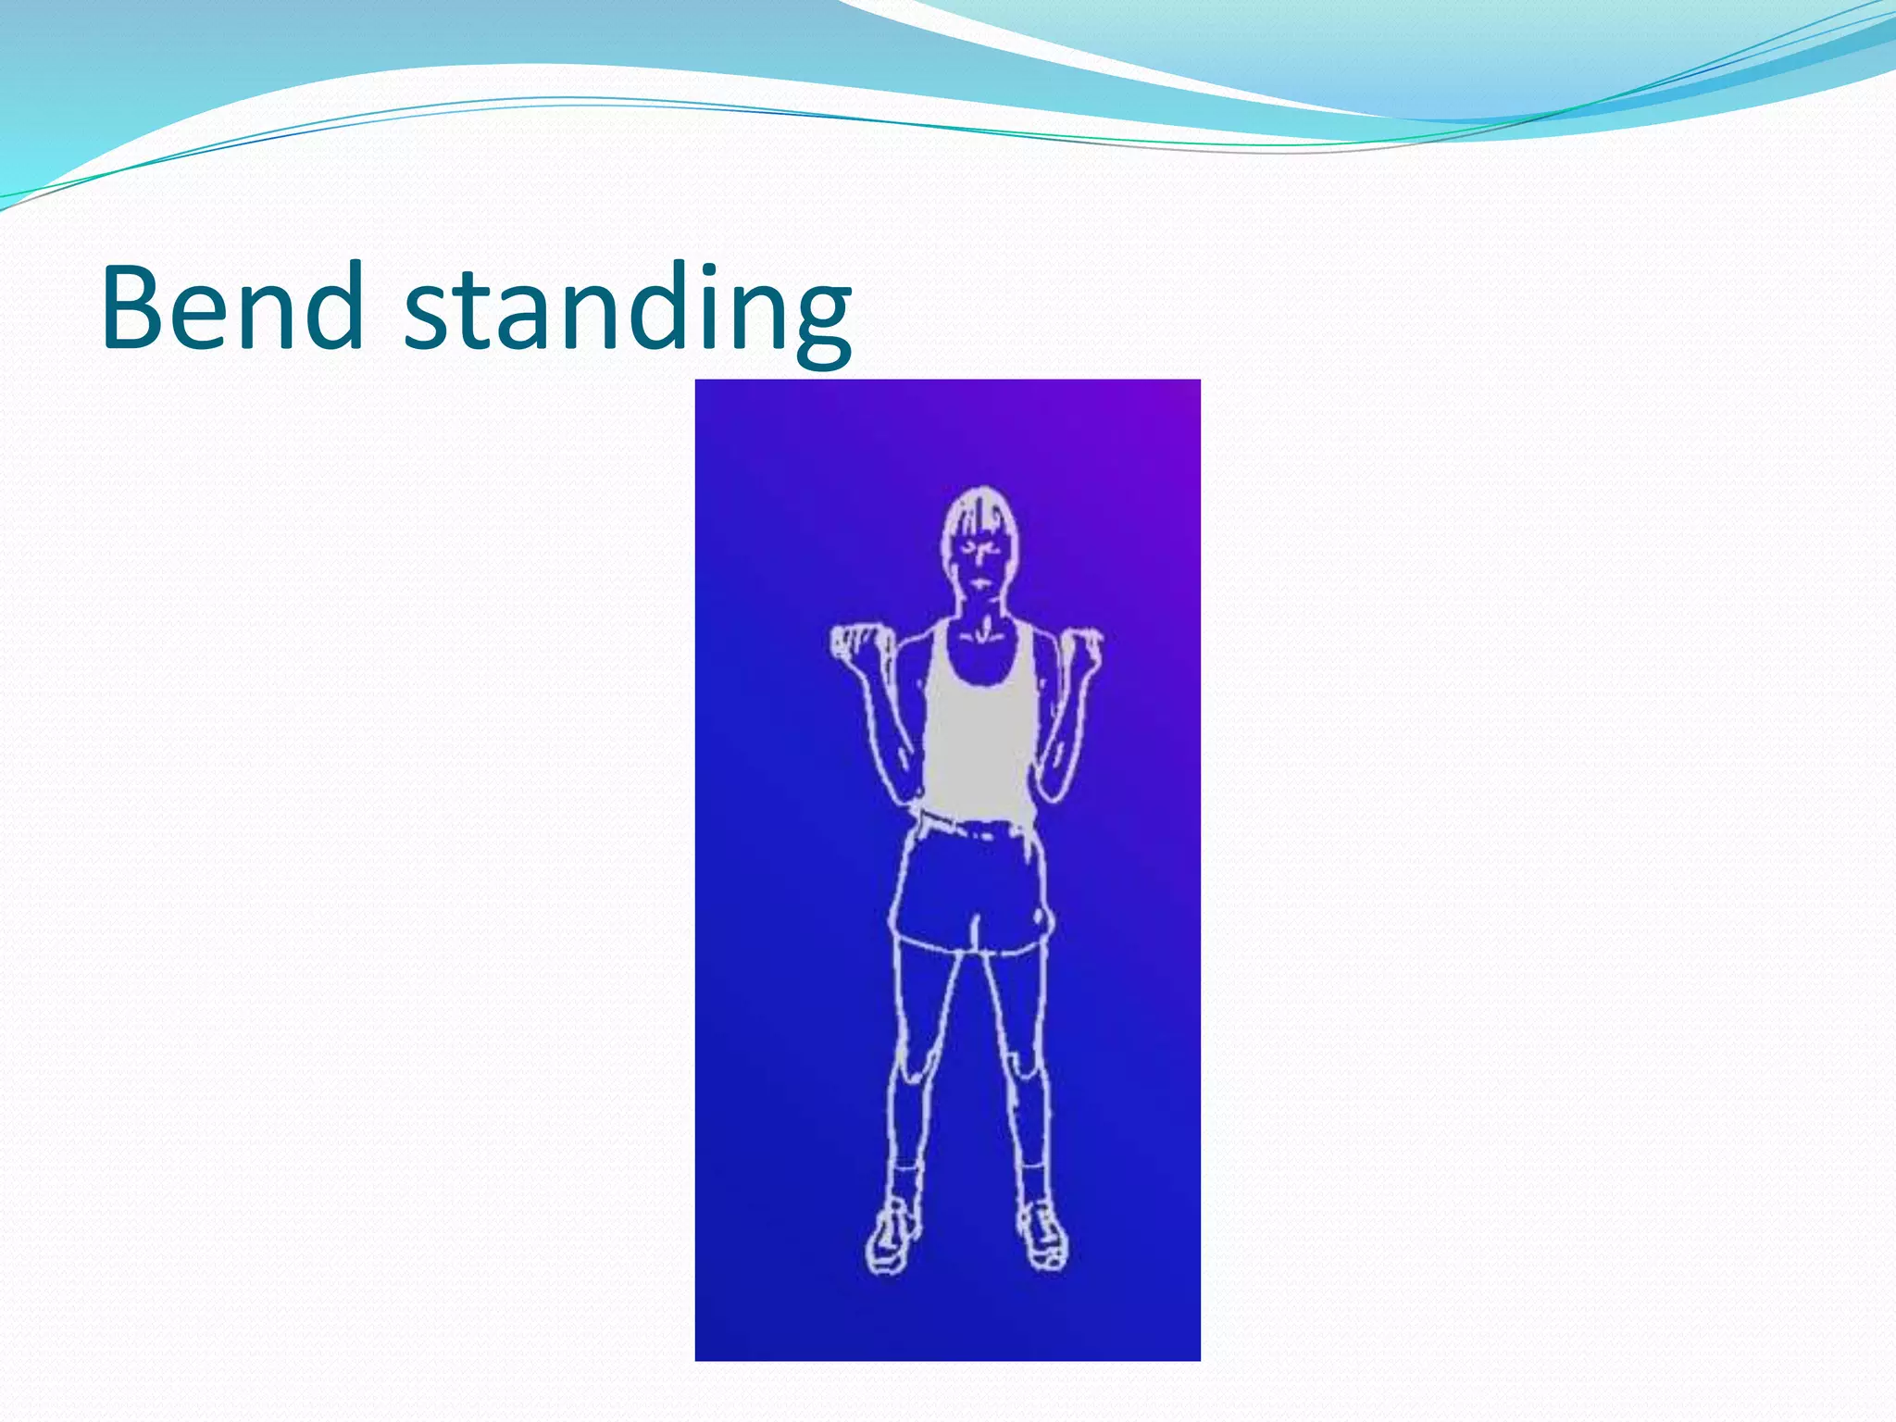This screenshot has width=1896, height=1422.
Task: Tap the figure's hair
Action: (979, 513)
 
